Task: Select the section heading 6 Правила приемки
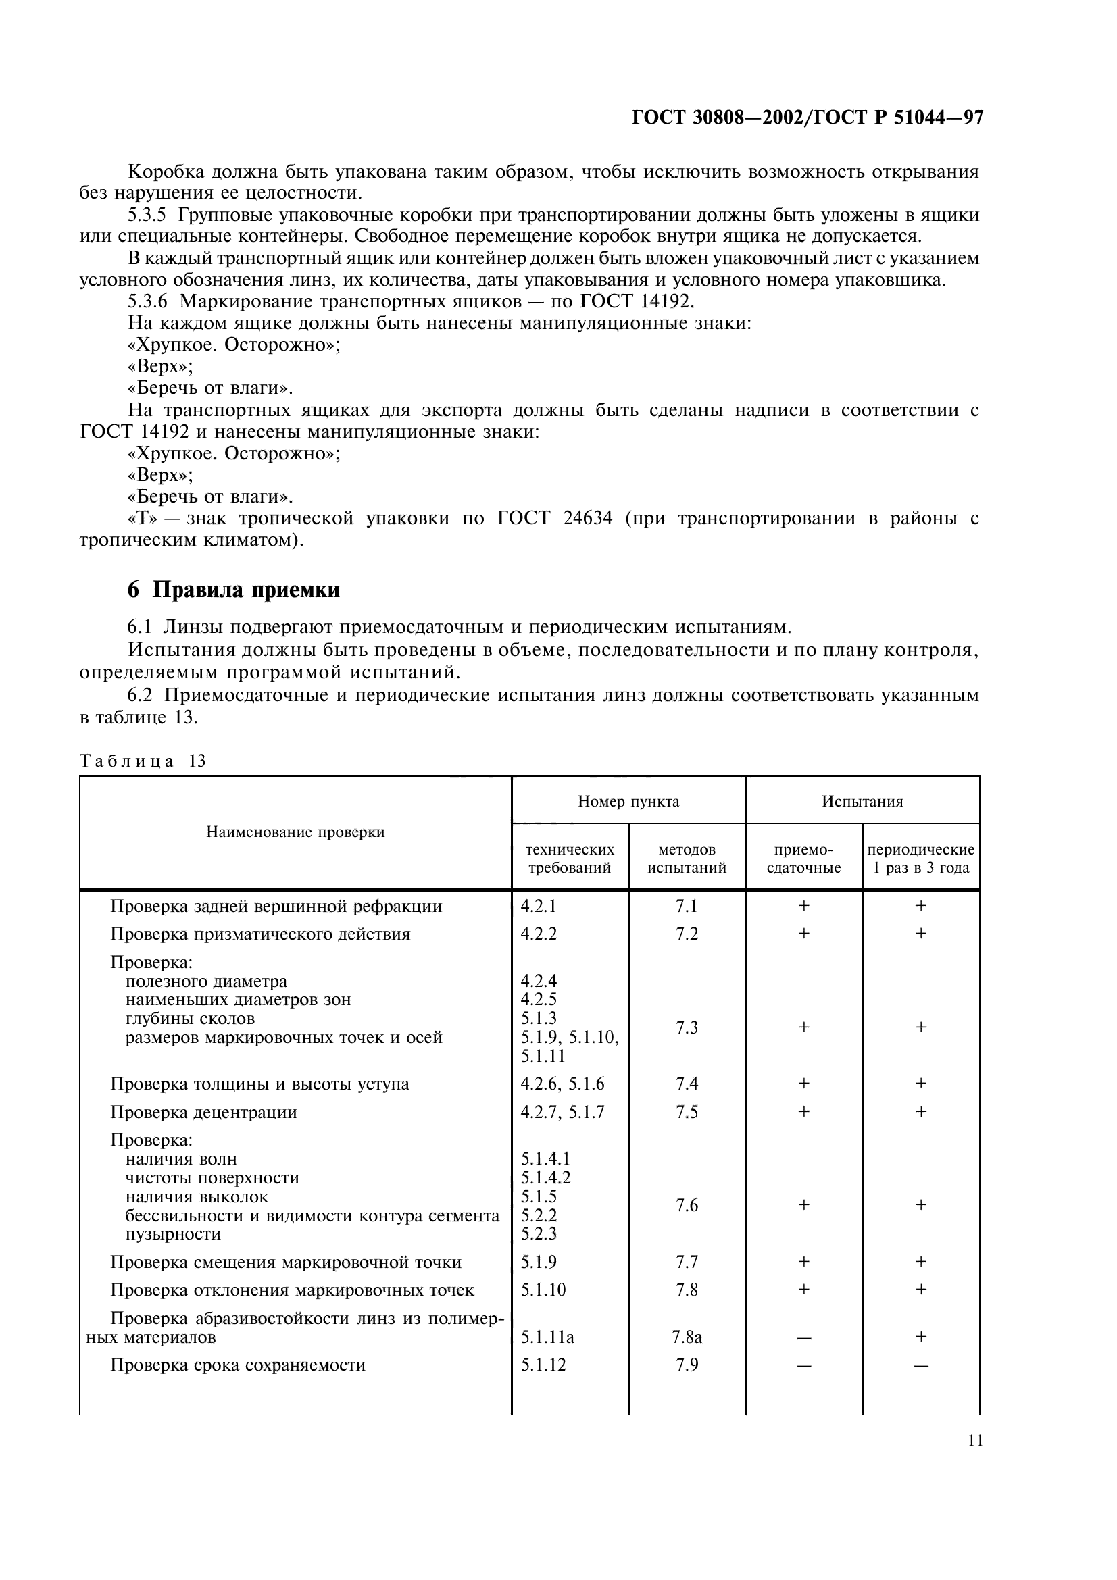point(233,590)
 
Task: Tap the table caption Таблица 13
point(143,761)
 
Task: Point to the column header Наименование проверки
point(295,832)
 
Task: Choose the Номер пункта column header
point(628,801)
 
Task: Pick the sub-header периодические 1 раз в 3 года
point(921,859)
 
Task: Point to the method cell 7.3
point(687,1028)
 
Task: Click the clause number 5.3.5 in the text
point(147,215)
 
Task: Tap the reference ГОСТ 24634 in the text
point(554,518)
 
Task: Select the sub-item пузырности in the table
point(173,1234)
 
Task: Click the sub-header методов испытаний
point(687,859)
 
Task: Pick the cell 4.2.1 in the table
point(538,907)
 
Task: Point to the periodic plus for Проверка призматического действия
point(921,934)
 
